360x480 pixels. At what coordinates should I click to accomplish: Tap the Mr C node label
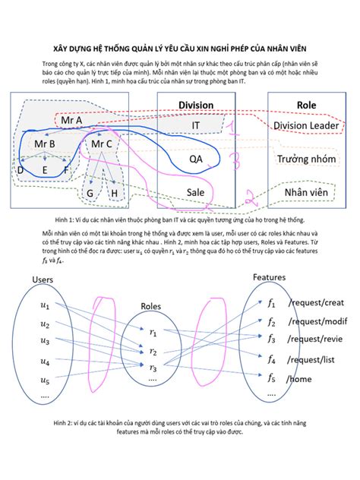click(101, 143)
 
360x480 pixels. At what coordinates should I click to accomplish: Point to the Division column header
click(195, 106)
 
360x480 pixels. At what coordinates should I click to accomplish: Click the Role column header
click(306, 106)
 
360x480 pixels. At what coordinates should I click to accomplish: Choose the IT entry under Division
click(195, 125)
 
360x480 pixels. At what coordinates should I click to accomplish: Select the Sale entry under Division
click(195, 193)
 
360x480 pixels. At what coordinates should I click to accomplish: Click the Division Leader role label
click(306, 125)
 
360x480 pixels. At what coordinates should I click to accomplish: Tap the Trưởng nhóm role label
click(306, 159)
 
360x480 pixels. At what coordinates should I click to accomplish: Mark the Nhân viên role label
click(306, 194)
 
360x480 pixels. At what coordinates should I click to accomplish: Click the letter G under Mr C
click(90, 194)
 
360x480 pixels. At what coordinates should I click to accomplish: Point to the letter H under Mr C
click(114, 194)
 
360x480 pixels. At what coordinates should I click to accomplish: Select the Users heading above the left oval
click(43, 280)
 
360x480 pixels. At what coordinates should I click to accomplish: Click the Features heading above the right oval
click(269, 277)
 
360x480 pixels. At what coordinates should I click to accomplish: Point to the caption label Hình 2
click(65, 421)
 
